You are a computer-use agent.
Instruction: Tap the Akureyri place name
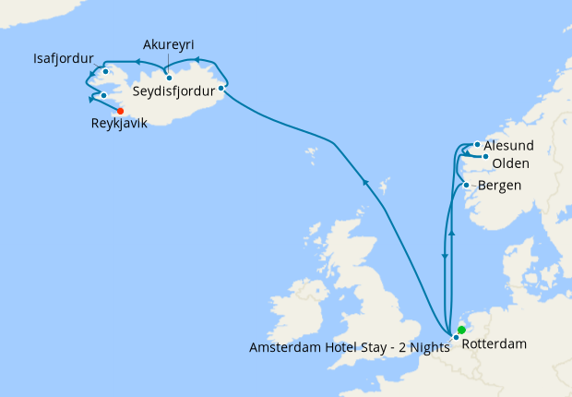[169, 44]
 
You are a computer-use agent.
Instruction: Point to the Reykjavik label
[119, 124]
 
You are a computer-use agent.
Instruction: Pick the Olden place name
[510, 163]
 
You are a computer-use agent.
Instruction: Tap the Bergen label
[500, 186]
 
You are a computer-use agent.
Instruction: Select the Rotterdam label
[494, 344]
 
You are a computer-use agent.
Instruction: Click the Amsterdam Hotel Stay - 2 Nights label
[349, 347]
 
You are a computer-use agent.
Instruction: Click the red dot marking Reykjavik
[121, 111]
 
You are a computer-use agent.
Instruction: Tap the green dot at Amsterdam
[461, 330]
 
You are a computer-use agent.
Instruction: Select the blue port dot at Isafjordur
[106, 71]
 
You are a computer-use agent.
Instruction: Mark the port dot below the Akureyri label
[169, 78]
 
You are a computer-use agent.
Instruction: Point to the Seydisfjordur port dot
[221, 89]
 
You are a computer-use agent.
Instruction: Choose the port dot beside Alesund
[476, 144]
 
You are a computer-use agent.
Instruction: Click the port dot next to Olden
[485, 156]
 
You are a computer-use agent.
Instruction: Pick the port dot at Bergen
[467, 186]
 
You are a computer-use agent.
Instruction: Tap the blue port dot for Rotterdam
[456, 337]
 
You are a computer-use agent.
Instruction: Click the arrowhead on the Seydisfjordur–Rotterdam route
[365, 182]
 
